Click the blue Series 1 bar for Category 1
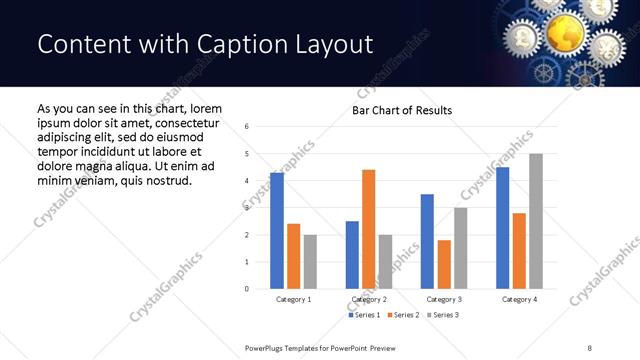pyautogui.click(x=277, y=231)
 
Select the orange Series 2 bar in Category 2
pyautogui.click(x=369, y=229)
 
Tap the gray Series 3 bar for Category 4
pyautogui.click(x=536, y=221)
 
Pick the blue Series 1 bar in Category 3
pyautogui.click(x=427, y=241)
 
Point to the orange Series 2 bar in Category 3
pyautogui.click(x=444, y=264)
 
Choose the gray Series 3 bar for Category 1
pyautogui.click(x=310, y=262)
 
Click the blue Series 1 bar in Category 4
pyautogui.click(x=502, y=228)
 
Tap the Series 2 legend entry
pyautogui.click(x=402, y=315)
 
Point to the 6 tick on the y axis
pyautogui.click(x=247, y=126)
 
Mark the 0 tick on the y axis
pyautogui.click(x=247, y=289)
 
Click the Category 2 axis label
pyautogui.click(x=369, y=299)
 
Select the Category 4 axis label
pyautogui.click(x=519, y=299)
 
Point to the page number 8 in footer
pyautogui.click(x=588, y=346)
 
